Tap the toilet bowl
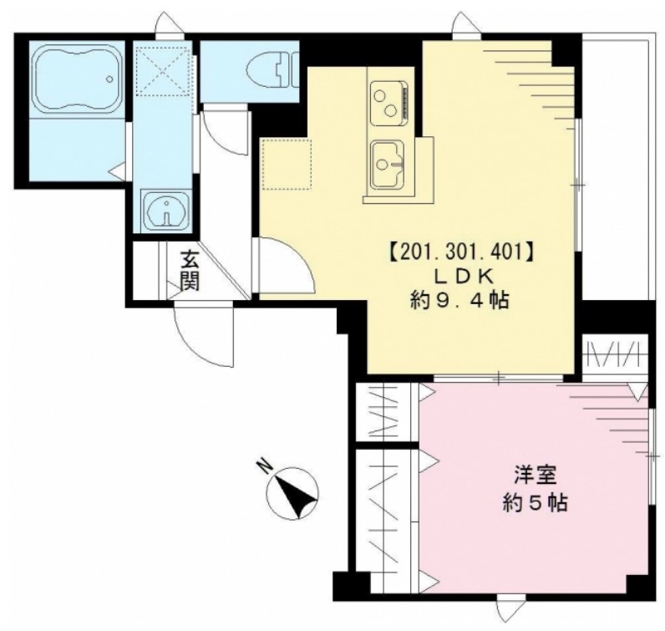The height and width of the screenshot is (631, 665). pos(272,69)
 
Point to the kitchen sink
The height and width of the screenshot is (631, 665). pos(388,165)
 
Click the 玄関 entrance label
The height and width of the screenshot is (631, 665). pos(190,270)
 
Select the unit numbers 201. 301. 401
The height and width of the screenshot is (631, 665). pos(460,252)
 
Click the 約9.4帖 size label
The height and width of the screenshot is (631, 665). pos(459,301)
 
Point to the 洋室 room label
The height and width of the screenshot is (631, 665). pos(536,476)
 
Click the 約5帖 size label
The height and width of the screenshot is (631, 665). pos(536,503)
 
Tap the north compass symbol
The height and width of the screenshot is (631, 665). pos(292,493)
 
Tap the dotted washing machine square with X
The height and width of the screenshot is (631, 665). pos(163,70)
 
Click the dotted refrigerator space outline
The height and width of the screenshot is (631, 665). pos(287,164)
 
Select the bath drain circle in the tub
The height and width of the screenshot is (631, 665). pos(109,79)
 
